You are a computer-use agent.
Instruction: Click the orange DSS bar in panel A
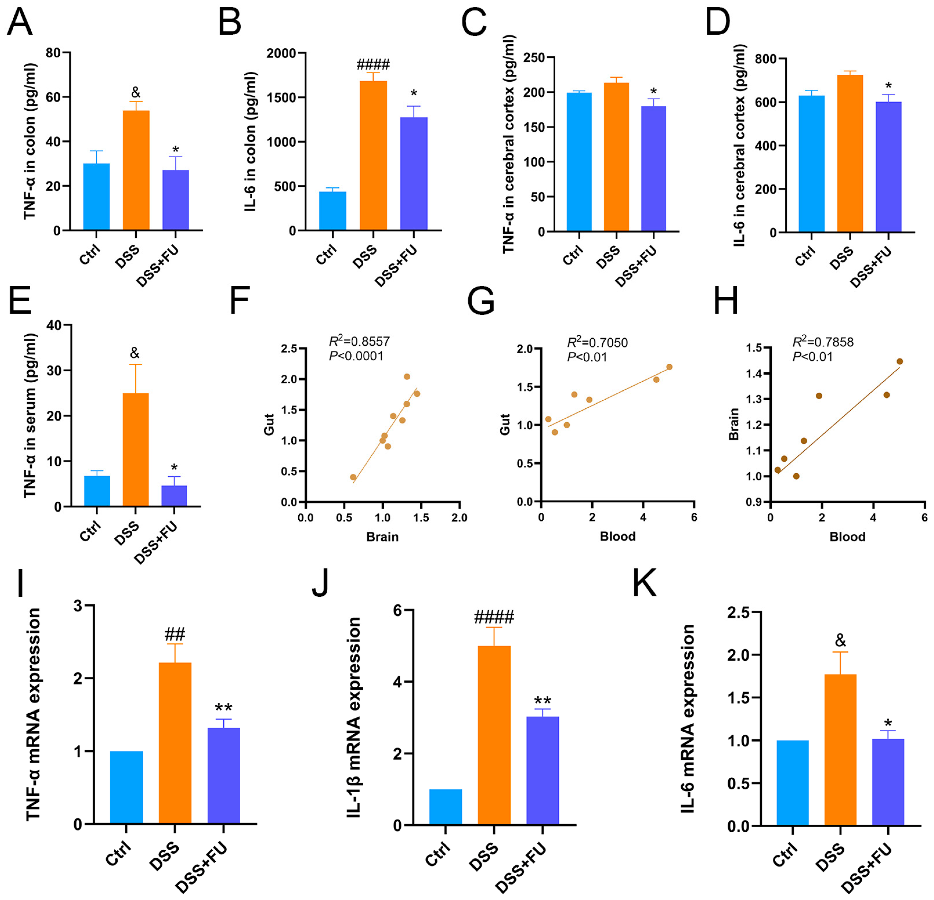136,170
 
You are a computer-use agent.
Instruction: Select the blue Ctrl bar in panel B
333,211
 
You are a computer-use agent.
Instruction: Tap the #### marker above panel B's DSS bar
373,64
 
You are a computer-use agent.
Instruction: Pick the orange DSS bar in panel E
136,449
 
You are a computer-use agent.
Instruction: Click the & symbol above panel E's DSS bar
135,353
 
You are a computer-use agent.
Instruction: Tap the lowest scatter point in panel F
353,477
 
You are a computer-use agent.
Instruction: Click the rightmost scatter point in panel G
669,367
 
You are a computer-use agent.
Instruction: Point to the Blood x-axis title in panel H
847,537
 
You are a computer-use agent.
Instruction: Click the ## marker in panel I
175,634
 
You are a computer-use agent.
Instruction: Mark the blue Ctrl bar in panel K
792,782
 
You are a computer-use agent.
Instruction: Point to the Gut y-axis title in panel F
269,424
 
